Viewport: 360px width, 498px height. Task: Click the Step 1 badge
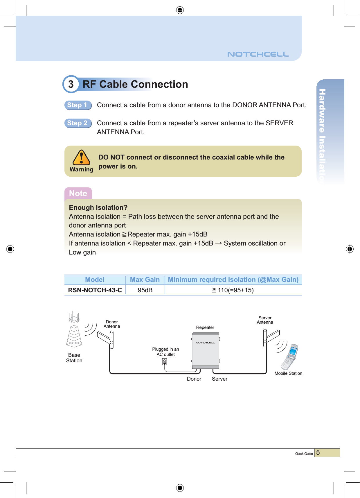pyautogui.click(x=78, y=105)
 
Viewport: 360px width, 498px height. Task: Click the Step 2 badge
pyautogui.click(x=78, y=123)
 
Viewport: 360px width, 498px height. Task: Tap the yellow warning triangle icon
pyautogui.click(x=81, y=158)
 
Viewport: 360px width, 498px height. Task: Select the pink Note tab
pyautogui.click(x=78, y=194)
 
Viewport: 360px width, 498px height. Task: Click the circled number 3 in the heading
pyautogui.click(x=71, y=84)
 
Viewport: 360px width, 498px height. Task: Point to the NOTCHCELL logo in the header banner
pyautogui.click(x=258, y=54)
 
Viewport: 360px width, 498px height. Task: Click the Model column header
pyautogui.click(x=95, y=280)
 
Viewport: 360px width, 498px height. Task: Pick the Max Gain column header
pyautogui.click(x=145, y=280)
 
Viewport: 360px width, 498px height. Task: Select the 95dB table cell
pyautogui.click(x=145, y=290)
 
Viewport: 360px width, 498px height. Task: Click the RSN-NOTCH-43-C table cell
pyautogui.click(x=95, y=290)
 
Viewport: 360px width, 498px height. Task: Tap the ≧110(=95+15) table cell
pyautogui.click(x=233, y=290)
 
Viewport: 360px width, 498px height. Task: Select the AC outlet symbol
pyautogui.click(x=165, y=362)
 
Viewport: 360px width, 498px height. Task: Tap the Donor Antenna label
pyautogui.click(x=112, y=324)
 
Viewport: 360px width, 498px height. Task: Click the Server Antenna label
pyautogui.click(x=265, y=320)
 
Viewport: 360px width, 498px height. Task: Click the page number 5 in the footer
pyautogui.click(x=318, y=453)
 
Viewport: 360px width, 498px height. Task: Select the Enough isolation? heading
pyautogui.click(x=98, y=208)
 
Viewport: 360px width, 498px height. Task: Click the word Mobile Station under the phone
pyautogui.click(x=288, y=373)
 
